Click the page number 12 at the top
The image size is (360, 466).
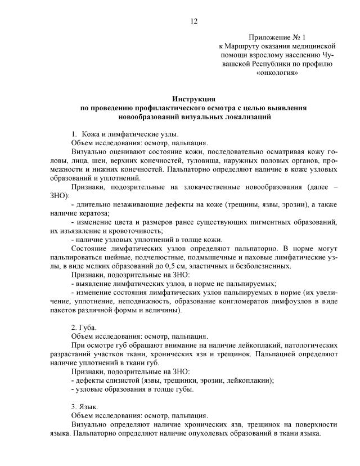click(x=194, y=21)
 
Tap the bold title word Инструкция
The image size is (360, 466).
click(x=194, y=98)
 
